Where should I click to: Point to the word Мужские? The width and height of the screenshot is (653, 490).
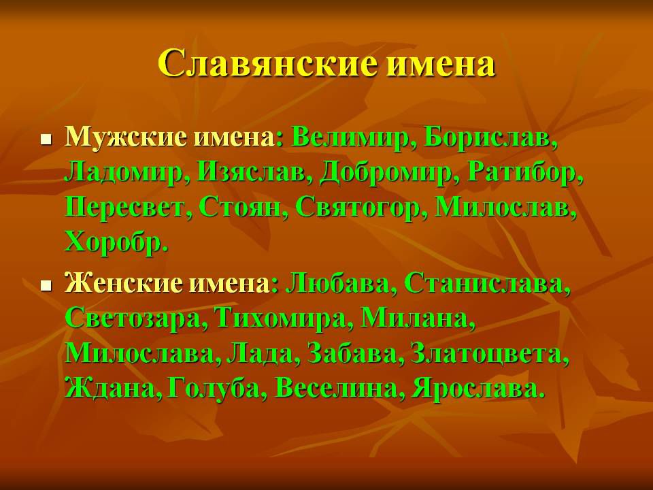(125, 137)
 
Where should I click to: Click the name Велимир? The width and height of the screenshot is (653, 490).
(350, 137)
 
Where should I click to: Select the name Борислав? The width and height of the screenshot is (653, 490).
(486, 137)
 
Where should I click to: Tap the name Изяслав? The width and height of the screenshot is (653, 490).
(251, 171)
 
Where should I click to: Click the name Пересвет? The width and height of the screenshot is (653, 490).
(124, 208)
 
